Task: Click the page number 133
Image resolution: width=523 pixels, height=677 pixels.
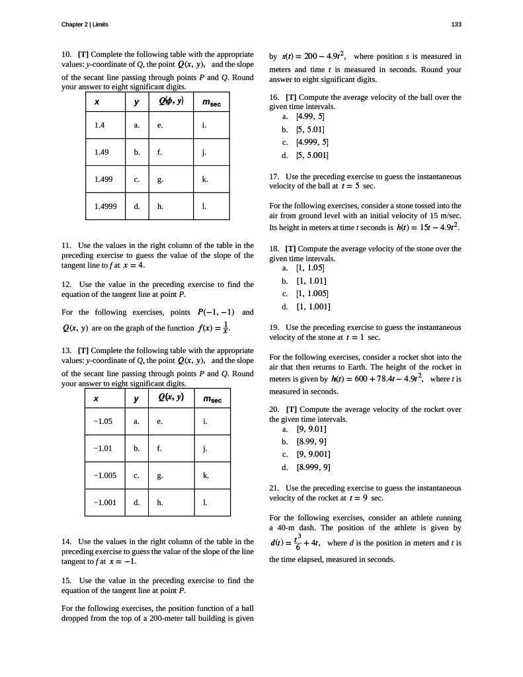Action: click(456, 24)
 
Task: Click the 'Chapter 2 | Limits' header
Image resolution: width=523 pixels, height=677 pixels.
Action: click(85, 24)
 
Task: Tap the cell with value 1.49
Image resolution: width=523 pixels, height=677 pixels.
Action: click(102, 151)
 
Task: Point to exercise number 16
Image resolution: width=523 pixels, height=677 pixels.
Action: click(274, 97)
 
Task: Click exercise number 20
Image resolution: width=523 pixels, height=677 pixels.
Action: click(274, 410)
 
